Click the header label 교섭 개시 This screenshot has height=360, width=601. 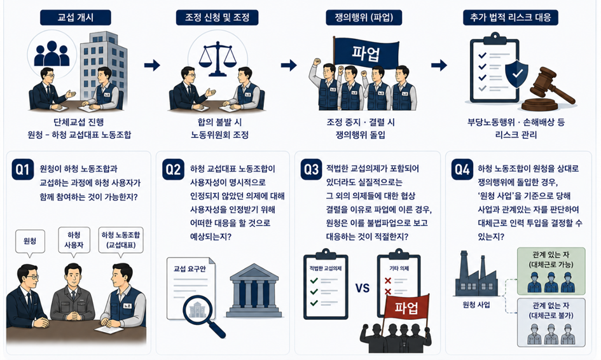pos(76,18)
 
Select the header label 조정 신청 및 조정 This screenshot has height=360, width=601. pos(217,18)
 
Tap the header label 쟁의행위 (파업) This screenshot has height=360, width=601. pos(364,18)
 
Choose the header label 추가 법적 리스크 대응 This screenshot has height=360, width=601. pos(511,18)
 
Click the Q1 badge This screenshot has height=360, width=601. pos(23,169)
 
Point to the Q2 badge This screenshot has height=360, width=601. pos(173,169)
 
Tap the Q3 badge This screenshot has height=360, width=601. pos(311,169)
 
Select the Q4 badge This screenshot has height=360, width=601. pos(462,169)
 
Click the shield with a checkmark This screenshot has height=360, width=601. pos(516,71)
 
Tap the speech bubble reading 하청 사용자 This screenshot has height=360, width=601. pos(74,240)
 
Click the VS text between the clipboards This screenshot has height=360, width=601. pos(363,287)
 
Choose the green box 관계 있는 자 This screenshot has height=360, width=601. pos(551,271)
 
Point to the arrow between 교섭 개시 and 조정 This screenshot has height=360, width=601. pos(152,65)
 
